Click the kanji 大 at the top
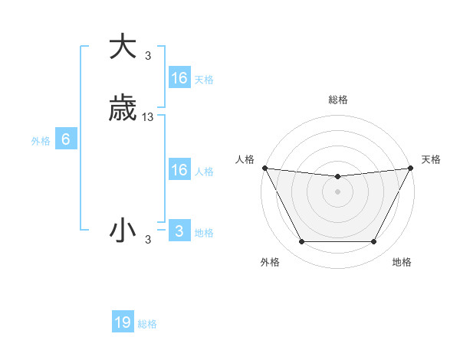point(123,47)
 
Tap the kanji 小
point(123,231)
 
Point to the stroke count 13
point(148,117)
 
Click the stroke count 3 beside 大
point(148,55)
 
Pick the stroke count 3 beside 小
point(148,240)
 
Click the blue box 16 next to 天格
point(179,78)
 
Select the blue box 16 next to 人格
point(179,170)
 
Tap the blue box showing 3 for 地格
point(179,231)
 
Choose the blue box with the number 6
point(66,139)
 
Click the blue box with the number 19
point(123,322)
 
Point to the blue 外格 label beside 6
point(41,141)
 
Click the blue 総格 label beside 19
point(147,324)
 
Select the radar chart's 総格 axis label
point(337,100)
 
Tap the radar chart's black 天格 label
point(431,159)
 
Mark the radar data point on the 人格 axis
point(264,168)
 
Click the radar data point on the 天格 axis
point(411,168)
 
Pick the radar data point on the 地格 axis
point(373,242)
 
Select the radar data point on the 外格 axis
point(301,242)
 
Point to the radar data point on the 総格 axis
point(337,177)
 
